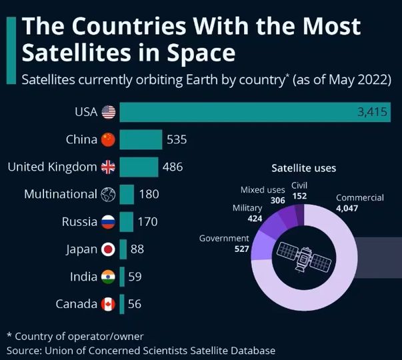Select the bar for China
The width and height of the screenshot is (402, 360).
141,139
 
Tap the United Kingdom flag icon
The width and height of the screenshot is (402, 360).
108,167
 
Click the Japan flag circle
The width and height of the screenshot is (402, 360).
108,249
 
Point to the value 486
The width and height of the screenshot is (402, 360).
173,167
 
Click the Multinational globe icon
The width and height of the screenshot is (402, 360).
108,195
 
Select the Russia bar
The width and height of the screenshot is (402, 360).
126,222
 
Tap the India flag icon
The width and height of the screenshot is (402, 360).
108,277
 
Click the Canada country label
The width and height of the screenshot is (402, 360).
77,304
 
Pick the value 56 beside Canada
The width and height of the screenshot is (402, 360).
134,304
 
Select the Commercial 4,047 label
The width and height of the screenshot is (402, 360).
359,203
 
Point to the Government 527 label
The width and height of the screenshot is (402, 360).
224,243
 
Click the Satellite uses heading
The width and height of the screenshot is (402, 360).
303,168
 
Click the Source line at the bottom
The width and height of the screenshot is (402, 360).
141,350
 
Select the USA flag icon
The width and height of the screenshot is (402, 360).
108,112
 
